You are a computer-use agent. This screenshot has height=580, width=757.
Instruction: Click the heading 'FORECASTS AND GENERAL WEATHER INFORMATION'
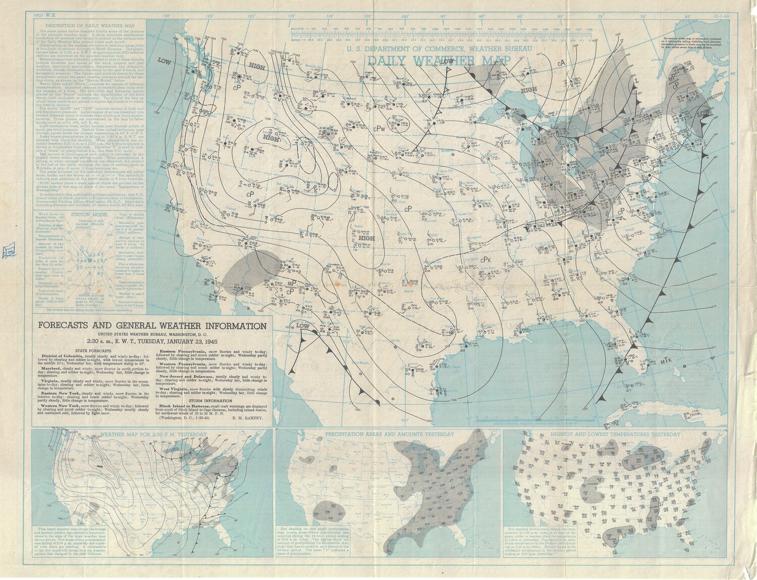tap(151, 325)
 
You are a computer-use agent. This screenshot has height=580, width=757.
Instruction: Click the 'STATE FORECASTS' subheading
tap(92, 350)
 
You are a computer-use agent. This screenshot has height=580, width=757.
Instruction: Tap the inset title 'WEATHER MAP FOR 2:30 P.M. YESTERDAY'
tap(151, 434)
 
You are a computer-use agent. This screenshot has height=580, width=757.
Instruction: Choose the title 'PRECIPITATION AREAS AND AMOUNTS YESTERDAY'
tap(389, 434)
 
